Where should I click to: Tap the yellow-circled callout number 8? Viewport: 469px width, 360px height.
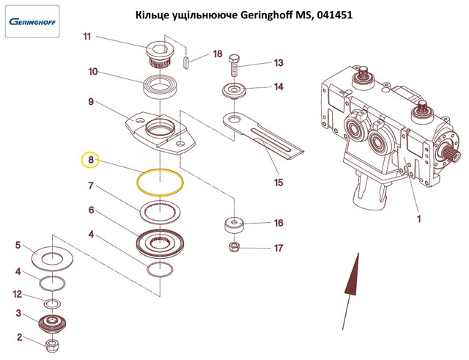91,159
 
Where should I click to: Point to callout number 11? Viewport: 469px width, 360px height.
86,37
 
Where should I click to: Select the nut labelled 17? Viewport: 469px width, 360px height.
234,247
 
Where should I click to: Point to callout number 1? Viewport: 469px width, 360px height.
418,218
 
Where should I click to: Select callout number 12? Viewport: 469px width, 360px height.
18,295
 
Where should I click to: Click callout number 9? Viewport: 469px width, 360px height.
91,103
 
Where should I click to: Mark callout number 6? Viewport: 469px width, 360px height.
91,210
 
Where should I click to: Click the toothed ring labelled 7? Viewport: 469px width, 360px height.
161,213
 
